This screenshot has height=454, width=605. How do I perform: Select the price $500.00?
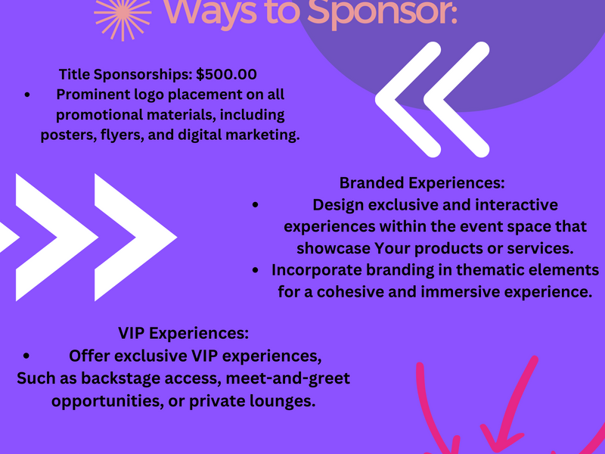pyautogui.click(x=226, y=74)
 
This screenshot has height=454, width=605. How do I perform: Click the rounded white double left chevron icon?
pyautogui.click(x=433, y=100)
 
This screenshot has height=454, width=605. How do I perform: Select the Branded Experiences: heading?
pyautogui.click(x=422, y=182)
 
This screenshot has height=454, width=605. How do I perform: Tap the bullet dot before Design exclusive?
pyautogui.click(x=256, y=204)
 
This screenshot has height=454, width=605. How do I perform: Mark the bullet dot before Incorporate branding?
pyautogui.click(x=256, y=270)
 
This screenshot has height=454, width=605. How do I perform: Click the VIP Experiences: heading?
pyautogui.click(x=183, y=333)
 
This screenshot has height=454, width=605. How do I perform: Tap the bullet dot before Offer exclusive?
pyautogui.click(x=26, y=356)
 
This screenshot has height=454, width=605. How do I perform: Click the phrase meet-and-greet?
pyautogui.click(x=288, y=378)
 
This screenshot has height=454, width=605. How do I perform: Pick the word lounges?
pyautogui.click(x=282, y=401)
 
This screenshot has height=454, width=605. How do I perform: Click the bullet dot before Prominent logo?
pyautogui.click(x=27, y=95)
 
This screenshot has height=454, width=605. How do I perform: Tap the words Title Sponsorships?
pyautogui.click(x=126, y=74)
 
